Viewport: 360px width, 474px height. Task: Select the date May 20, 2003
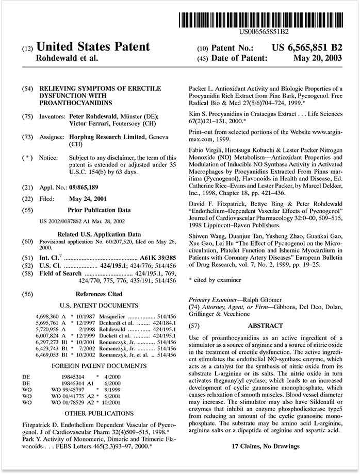pyautogui.click(x=317, y=58)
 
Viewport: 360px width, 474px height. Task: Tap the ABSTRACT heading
pyautogui.click(x=265, y=326)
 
